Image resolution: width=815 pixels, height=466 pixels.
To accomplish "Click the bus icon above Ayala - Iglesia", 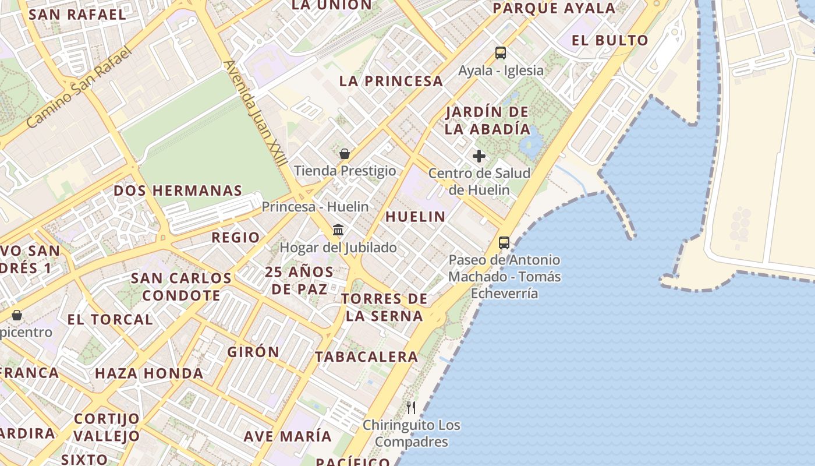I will (501, 53).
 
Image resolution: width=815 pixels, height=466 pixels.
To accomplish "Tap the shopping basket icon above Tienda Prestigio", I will (345, 154).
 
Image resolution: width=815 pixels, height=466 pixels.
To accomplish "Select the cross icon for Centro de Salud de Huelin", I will (479, 156).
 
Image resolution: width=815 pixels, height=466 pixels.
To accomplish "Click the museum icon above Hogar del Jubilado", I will (338, 230).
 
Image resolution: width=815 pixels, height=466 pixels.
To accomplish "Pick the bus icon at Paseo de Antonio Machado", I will (504, 243).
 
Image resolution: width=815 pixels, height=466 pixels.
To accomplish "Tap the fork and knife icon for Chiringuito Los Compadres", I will (411, 407).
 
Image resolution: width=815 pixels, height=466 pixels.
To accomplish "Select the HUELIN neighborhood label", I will (416, 217).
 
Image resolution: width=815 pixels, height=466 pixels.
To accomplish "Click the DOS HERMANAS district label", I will (178, 190).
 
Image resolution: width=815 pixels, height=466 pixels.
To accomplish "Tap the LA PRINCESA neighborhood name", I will (391, 81).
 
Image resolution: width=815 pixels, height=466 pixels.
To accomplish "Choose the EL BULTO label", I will (610, 40).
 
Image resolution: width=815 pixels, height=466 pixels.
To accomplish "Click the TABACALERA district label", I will (367, 356).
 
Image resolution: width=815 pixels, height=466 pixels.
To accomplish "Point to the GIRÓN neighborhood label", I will (253, 352).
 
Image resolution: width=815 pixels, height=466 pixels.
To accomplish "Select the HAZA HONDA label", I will (149, 373).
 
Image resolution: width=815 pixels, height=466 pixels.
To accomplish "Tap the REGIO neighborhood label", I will (235, 237).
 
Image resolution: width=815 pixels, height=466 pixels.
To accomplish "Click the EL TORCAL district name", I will (110, 319).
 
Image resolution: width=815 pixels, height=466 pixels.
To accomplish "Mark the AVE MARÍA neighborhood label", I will (288, 436).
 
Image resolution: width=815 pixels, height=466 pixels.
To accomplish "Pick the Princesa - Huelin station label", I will (315, 207).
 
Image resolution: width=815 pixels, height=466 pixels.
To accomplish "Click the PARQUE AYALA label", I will (554, 8).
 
